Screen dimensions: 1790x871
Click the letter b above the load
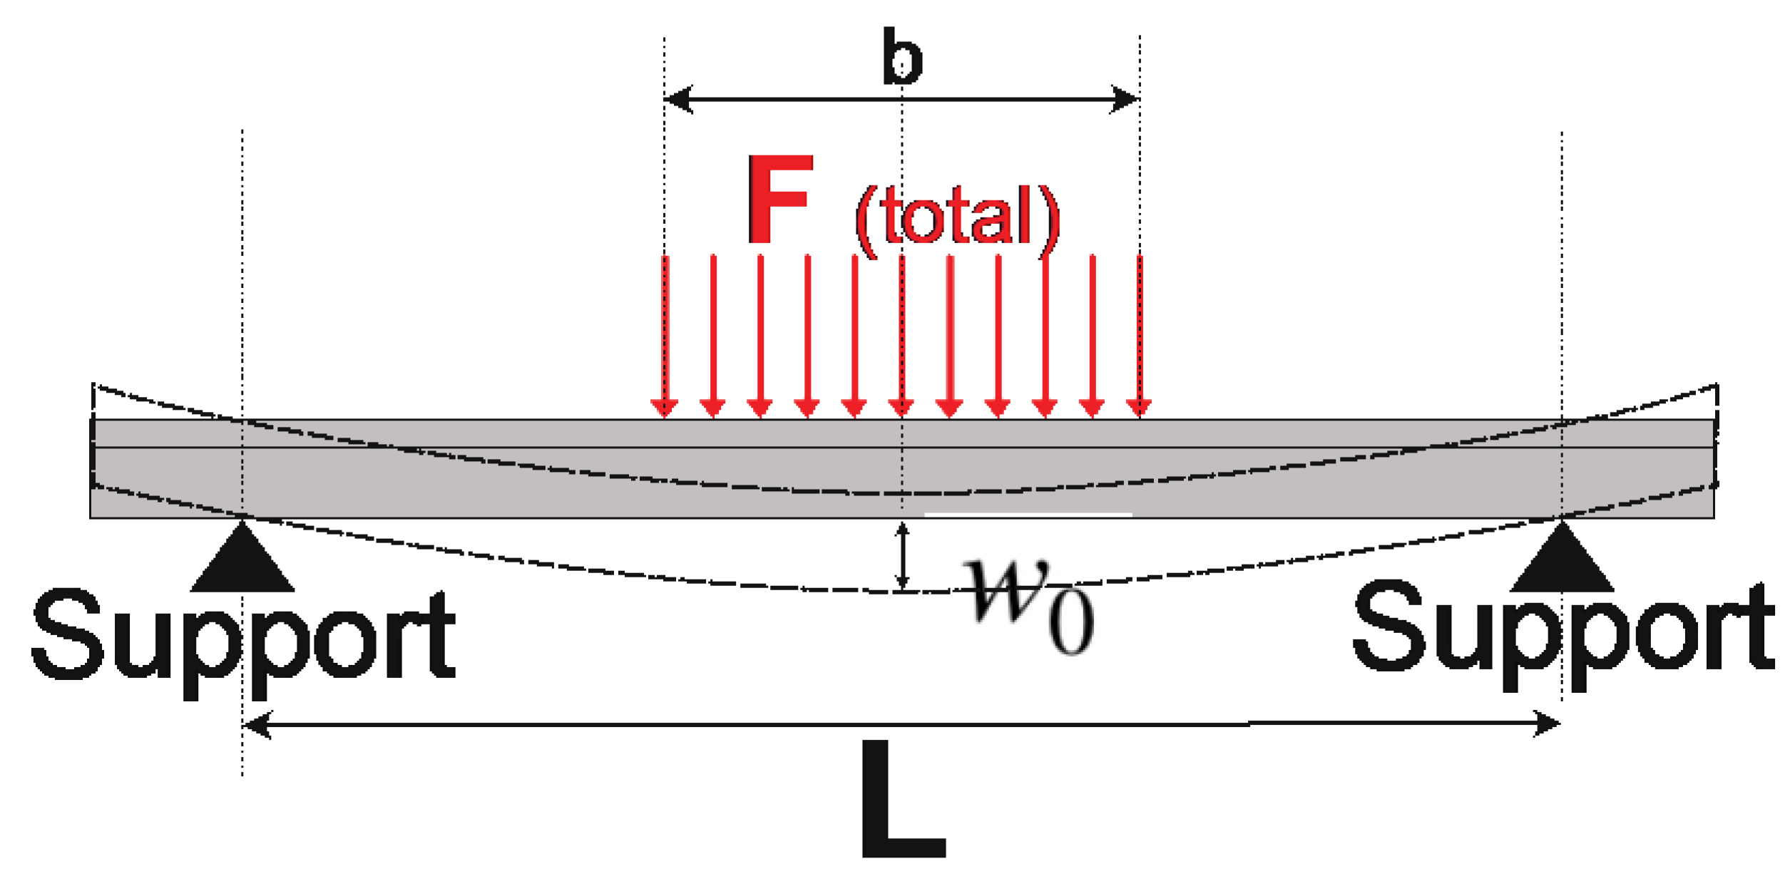click(902, 57)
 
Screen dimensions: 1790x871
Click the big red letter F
click(780, 199)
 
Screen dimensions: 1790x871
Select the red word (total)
click(957, 217)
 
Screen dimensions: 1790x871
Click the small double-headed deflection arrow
click(902, 556)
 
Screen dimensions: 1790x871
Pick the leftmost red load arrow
click(665, 335)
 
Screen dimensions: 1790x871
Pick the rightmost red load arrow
click(1140, 335)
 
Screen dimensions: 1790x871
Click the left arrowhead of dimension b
click(677, 99)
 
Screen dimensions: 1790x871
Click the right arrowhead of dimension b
click(1125, 99)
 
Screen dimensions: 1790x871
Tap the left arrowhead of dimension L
click(257, 725)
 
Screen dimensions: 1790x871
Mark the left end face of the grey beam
click(91, 468)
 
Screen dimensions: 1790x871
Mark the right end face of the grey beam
click(1714, 468)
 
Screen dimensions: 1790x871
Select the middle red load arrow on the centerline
click(902, 335)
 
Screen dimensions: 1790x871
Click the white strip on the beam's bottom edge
click(1028, 514)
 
